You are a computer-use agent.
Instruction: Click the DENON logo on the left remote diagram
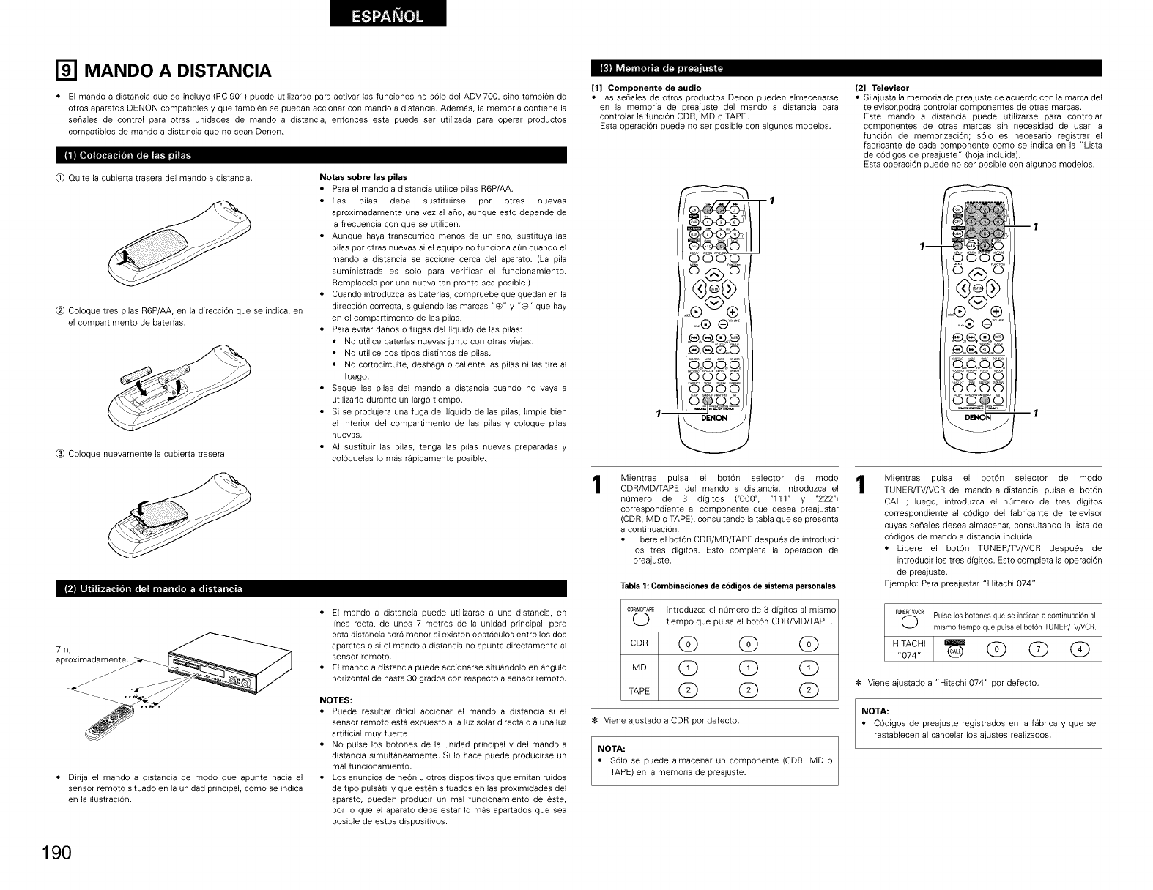pos(713,418)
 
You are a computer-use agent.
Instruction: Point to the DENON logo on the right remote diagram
pos(978,418)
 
